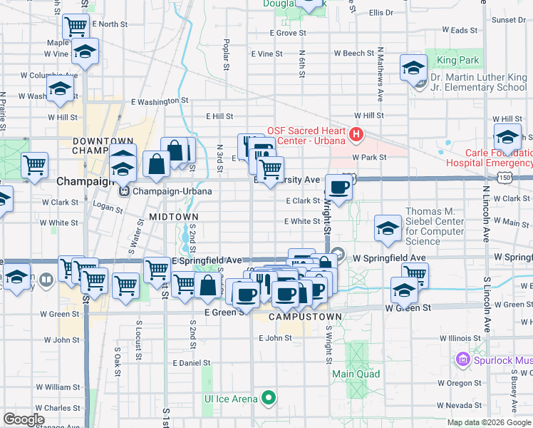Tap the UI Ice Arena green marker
(x=269, y=398)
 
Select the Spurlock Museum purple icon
(x=466, y=359)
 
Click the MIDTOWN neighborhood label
(x=174, y=216)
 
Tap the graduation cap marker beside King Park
(x=413, y=68)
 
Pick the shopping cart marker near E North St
(x=76, y=27)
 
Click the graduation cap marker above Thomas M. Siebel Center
(x=388, y=228)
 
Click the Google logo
(x=24, y=419)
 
